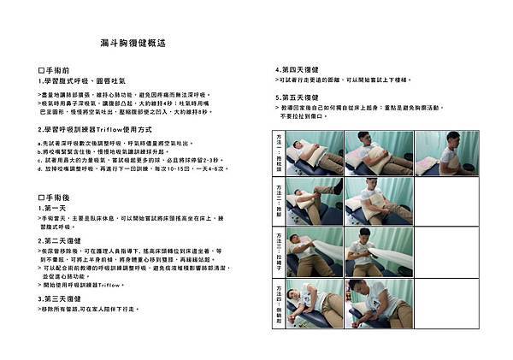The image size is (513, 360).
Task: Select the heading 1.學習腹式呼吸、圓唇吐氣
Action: [x=80, y=82]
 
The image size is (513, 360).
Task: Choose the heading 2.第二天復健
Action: [x=65, y=240]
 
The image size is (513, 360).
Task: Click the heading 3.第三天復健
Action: [x=65, y=298]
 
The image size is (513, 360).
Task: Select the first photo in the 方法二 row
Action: [x=315, y=200]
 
